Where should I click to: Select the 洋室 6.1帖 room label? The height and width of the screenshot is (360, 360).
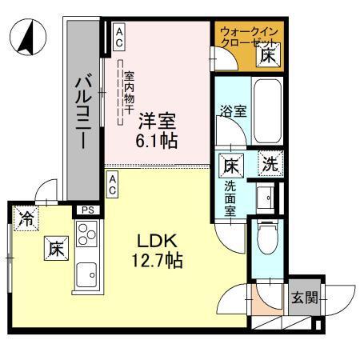pos(156,130)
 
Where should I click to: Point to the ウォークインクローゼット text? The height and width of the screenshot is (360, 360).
pos(246,37)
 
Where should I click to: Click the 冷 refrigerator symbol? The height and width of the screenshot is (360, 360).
pos(26,218)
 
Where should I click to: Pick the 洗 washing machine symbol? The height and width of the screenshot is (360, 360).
pos(270,165)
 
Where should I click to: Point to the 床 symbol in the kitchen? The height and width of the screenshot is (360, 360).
pos(54,249)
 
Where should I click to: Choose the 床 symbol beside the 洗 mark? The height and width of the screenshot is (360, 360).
pos(230,166)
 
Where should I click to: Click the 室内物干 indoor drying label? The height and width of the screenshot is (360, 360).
pos(128,92)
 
